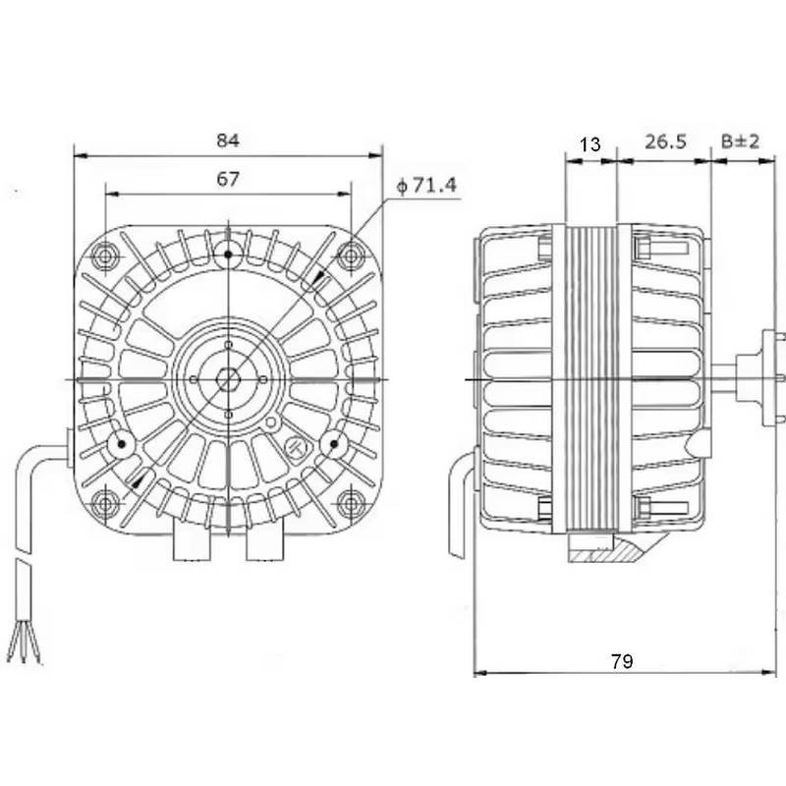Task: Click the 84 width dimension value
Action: pyautogui.click(x=228, y=140)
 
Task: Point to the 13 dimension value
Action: pyautogui.click(x=589, y=144)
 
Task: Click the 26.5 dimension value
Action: pyautogui.click(x=665, y=142)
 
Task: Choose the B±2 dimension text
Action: pyautogui.click(x=740, y=142)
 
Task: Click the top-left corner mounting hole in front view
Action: pyautogui.click(x=105, y=255)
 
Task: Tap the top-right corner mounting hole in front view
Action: pyautogui.click(x=350, y=255)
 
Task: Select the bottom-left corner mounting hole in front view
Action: pyautogui.click(x=105, y=503)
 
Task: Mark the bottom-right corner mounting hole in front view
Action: pyautogui.click(x=350, y=503)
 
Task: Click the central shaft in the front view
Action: pyautogui.click(x=228, y=378)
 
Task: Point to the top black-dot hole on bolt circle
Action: pyautogui.click(x=228, y=254)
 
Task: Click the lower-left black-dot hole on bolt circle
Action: pyautogui.click(x=122, y=445)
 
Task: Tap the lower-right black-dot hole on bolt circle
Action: pyautogui.click(x=334, y=445)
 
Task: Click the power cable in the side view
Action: pyautogui.click(x=460, y=516)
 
